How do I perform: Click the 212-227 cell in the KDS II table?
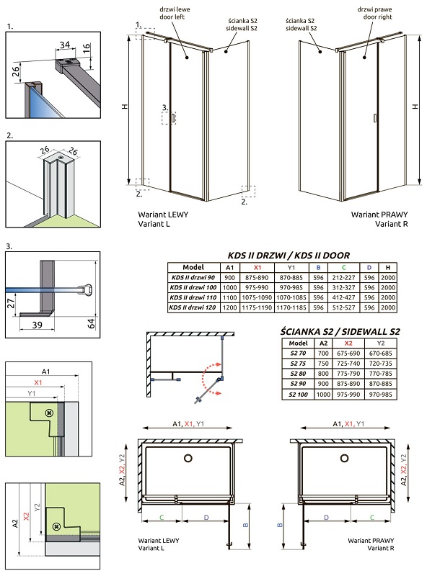click(343, 278)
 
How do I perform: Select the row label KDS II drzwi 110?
click(193, 297)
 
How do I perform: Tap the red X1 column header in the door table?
click(257, 268)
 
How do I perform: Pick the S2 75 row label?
click(298, 364)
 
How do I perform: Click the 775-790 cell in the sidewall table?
click(348, 374)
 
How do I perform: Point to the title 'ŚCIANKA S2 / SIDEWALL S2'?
click(340, 332)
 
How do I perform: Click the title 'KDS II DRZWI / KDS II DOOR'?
click(289, 256)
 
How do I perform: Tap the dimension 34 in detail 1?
click(65, 45)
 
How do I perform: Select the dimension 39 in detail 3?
click(37, 325)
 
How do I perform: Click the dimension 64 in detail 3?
click(91, 323)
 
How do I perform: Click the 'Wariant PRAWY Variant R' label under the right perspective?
click(379, 219)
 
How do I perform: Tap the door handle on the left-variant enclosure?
click(172, 118)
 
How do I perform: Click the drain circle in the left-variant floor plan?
click(188, 458)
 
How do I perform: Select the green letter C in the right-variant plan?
click(371, 517)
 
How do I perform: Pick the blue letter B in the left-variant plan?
click(246, 525)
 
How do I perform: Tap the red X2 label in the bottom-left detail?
click(26, 516)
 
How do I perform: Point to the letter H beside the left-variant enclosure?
click(125, 107)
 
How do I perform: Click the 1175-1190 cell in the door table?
click(257, 307)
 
